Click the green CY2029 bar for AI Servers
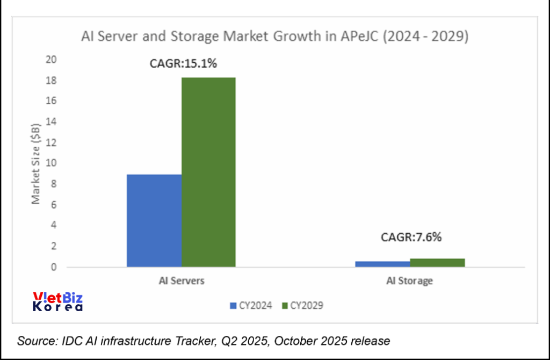[x=208, y=172]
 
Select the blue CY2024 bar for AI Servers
[x=154, y=220]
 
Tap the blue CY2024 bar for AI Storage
[x=383, y=264]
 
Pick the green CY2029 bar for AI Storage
[x=437, y=263]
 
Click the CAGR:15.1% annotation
[x=183, y=64]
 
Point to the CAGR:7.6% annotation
[x=411, y=237]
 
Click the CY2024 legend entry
[x=251, y=306]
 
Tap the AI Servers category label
[x=182, y=280]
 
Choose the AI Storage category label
[x=410, y=280]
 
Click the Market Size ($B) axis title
[x=36, y=163]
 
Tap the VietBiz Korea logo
[x=58, y=302]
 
